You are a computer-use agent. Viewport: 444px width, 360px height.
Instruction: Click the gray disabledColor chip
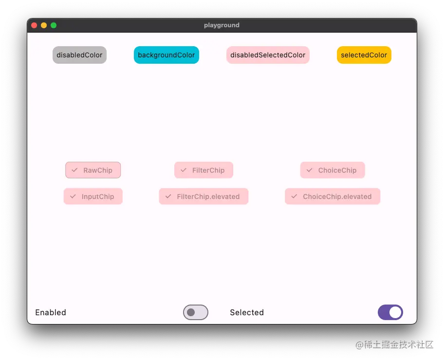(79, 55)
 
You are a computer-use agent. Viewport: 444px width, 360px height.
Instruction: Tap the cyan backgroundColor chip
(166, 55)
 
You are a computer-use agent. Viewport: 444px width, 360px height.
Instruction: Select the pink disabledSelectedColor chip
(268, 55)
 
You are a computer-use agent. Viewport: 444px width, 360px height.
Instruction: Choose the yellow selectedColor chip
(364, 55)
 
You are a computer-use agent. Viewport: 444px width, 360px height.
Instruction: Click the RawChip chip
(93, 170)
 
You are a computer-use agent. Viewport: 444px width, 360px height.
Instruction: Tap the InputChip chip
(93, 197)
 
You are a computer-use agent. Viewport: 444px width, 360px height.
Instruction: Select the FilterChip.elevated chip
(203, 197)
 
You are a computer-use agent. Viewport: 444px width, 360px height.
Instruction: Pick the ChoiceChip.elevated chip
(333, 197)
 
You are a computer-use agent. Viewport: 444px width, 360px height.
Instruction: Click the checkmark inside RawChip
(74, 170)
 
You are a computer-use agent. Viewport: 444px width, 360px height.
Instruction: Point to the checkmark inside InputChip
(73, 196)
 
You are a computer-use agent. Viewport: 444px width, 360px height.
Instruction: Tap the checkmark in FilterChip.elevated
(168, 196)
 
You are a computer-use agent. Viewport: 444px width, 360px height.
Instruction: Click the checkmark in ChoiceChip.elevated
(294, 196)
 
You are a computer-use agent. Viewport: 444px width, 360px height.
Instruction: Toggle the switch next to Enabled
(196, 312)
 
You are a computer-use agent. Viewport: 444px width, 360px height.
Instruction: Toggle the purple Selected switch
(390, 312)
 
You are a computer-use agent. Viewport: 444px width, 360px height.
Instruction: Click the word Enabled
(51, 312)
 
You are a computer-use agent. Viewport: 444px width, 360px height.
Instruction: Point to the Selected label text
(247, 312)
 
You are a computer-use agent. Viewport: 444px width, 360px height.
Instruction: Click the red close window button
(34, 25)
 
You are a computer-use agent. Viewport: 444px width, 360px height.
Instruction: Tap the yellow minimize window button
(44, 25)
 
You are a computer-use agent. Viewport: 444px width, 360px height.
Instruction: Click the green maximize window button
(54, 25)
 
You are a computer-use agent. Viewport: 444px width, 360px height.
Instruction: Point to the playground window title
(222, 25)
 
